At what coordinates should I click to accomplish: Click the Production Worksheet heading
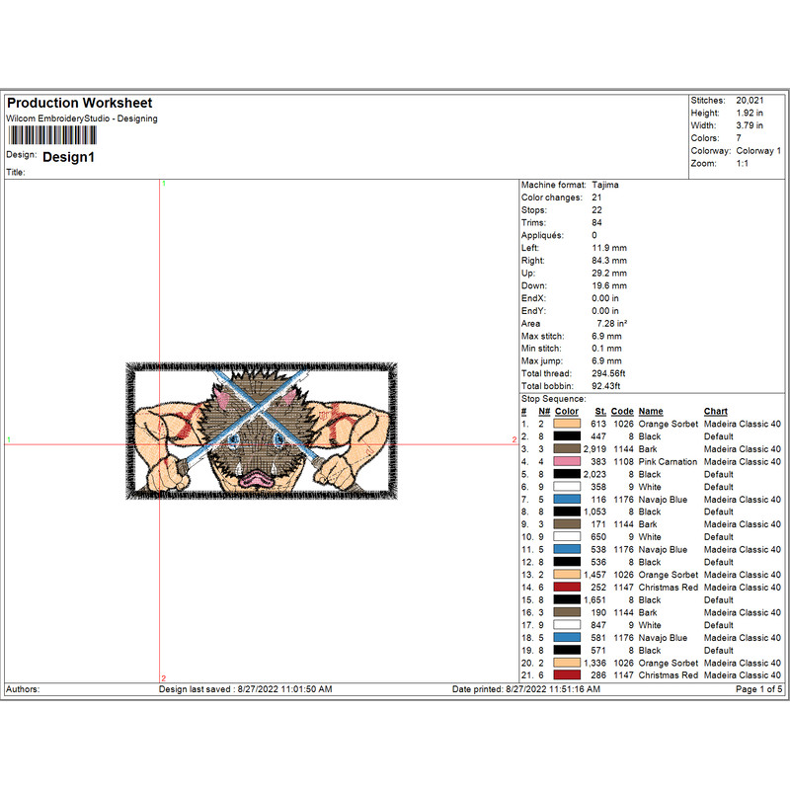click(x=80, y=103)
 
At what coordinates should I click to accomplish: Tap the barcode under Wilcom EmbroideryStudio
click(x=52, y=135)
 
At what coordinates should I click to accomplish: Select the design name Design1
click(x=68, y=157)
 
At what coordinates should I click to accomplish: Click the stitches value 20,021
click(x=750, y=101)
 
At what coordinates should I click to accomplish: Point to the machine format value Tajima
click(x=605, y=185)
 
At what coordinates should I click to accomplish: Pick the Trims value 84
click(x=596, y=223)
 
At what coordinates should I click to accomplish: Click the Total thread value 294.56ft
click(x=608, y=373)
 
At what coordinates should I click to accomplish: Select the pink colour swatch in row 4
click(x=567, y=461)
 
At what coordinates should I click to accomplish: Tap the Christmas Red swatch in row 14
click(x=567, y=587)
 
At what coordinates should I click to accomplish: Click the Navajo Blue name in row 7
click(x=663, y=500)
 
